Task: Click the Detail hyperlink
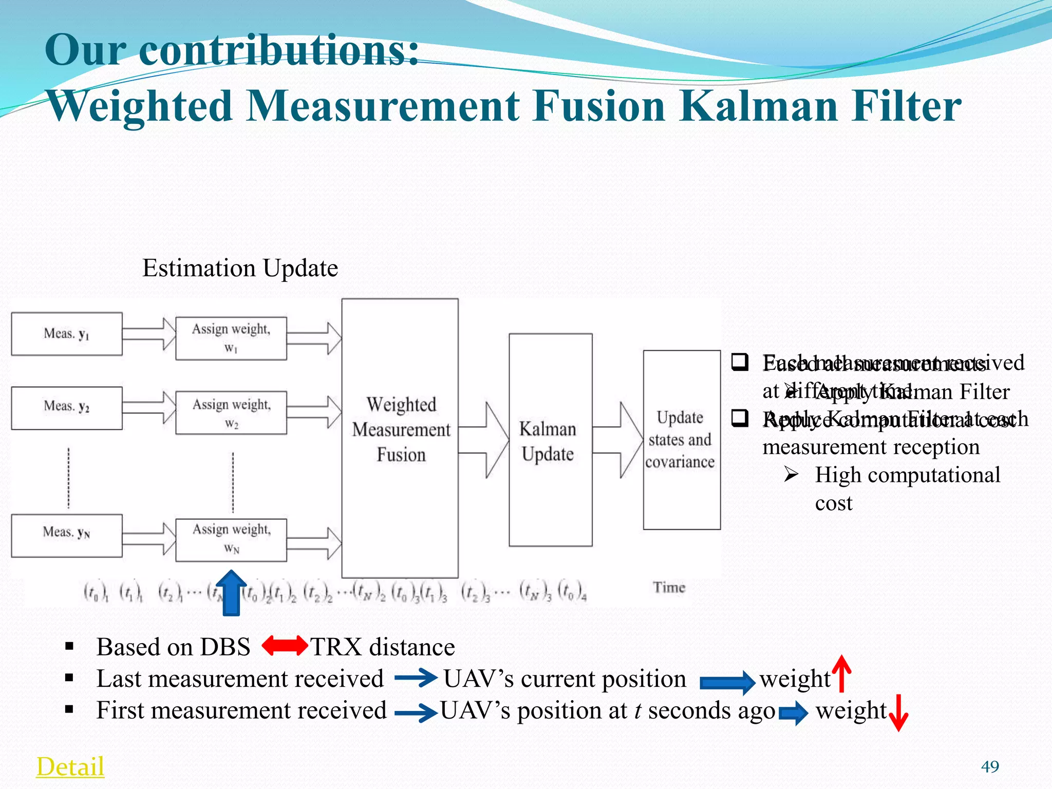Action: point(70,766)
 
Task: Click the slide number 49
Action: point(990,766)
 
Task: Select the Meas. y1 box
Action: point(67,334)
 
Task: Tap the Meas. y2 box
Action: point(67,408)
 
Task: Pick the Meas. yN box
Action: point(67,535)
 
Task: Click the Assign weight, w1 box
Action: point(231,338)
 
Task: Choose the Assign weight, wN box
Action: point(231,539)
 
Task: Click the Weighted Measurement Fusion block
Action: point(400,438)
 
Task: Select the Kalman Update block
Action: point(550,440)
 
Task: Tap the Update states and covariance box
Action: point(682,440)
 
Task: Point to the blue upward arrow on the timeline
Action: point(231,593)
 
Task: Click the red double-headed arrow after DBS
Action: point(285,646)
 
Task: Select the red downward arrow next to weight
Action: point(898,712)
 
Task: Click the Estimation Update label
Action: point(240,268)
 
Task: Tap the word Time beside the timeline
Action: point(669,587)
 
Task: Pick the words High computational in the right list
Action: point(907,475)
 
